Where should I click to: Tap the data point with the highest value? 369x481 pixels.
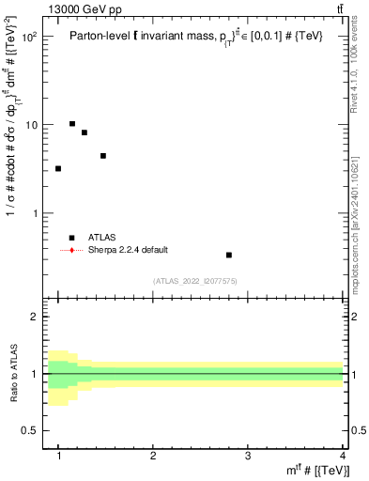coord(72,123)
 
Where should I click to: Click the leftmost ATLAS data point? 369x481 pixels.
coord(58,169)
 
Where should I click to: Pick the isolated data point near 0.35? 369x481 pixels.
coord(229,255)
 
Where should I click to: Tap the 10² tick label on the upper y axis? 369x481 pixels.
coord(30,37)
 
